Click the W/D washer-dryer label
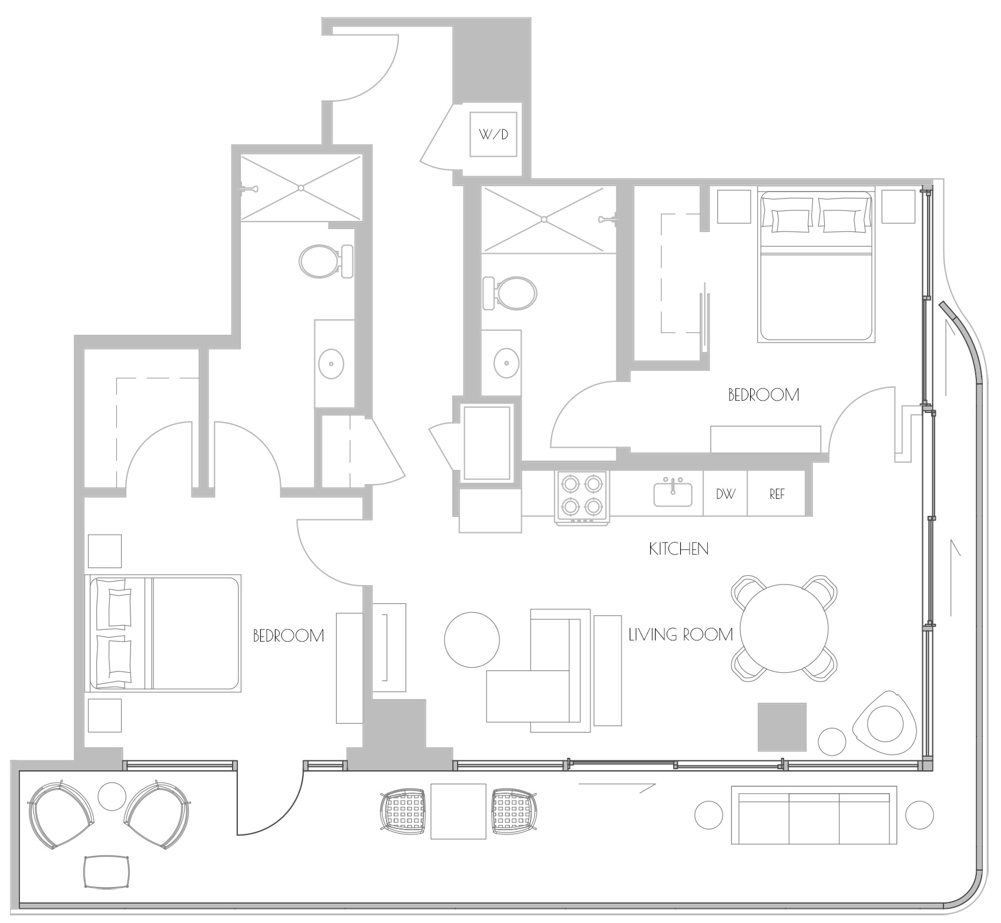pos(493,135)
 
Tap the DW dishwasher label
pos(725,494)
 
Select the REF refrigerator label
pos(777,494)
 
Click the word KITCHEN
pos(678,549)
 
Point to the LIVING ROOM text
pos(681,635)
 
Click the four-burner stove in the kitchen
pos(582,497)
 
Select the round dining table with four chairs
pos(784,628)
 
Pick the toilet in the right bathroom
pos(509,293)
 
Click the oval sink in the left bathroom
pos(331,364)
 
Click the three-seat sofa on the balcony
pos(814,815)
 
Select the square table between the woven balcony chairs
pos(458,811)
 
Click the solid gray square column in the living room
pos(782,727)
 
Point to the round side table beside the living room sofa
pos(472,639)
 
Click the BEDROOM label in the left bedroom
pos(288,636)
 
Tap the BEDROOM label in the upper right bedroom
pos(764,395)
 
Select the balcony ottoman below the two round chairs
pos(107,872)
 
